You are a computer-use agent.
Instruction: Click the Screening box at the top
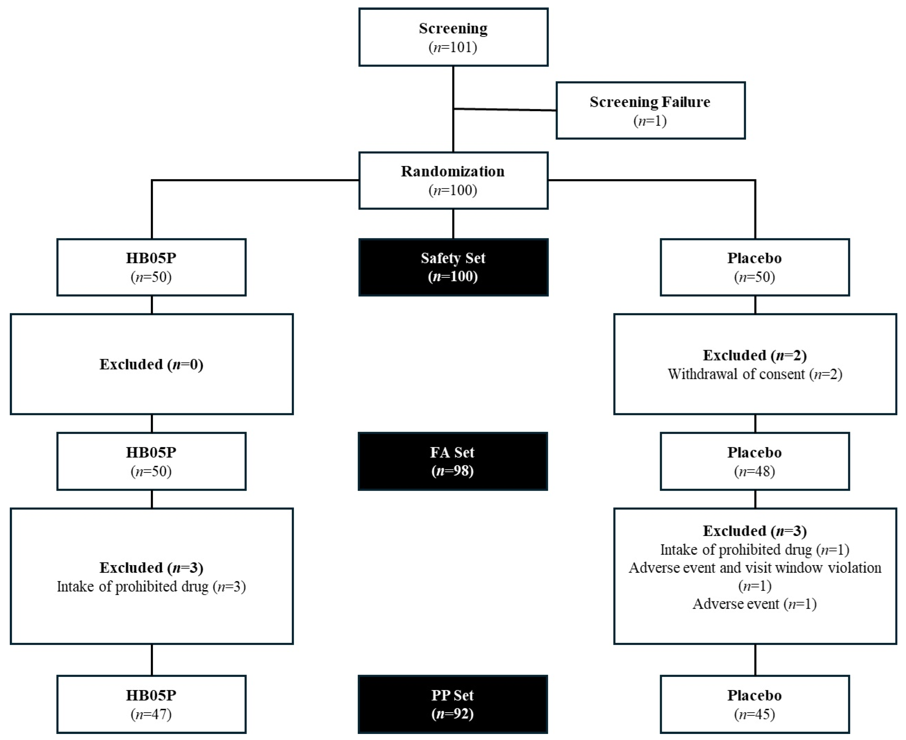(x=453, y=37)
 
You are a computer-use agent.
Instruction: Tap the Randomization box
(x=453, y=180)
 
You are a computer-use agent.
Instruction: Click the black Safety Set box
(x=453, y=267)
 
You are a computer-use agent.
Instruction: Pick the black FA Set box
(x=453, y=461)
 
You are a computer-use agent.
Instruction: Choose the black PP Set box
(x=453, y=704)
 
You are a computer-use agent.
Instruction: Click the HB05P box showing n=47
(x=151, y=704)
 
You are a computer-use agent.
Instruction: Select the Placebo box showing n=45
(x=755, y=704)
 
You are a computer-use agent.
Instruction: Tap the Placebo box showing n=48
(x=755, y=461)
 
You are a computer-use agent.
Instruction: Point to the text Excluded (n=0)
(x=151, y=365)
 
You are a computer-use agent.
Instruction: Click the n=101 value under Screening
(x=453, y=47)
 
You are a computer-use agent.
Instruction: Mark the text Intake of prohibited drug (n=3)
(x=151, y=586)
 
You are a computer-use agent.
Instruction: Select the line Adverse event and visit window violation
(x=755, y=568)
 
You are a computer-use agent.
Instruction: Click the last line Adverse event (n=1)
(x=755, y=604)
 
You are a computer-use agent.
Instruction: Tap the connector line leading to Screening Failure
(x=505, y=110)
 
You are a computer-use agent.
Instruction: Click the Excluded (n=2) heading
(x=755, y=355)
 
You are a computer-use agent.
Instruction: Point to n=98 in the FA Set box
(x=453, y=471)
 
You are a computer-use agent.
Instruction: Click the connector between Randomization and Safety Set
(x=453, y=224)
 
